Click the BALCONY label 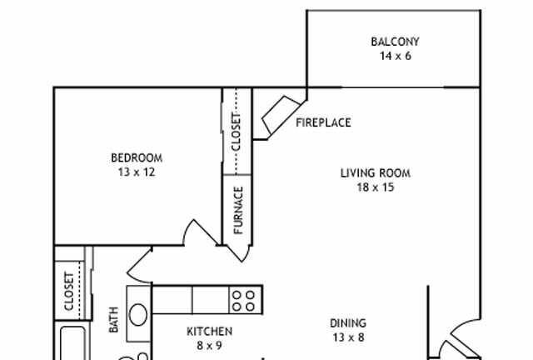point(395,42)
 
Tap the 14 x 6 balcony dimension point(396,56)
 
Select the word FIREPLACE point(323,122)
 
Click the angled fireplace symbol point(281,115)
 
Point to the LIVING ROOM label point(376,173)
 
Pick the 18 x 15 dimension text point(376,187)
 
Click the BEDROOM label point(137,157)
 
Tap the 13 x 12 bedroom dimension point(137,172)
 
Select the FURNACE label point(238,210)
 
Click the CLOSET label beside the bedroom point(236,132)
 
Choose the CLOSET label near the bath point(69,292)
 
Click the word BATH point(113,320)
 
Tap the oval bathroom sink point(138,315)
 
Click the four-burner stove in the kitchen point(246,300)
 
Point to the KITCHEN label point(209,332)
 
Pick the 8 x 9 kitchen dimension point(209,346)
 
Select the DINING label point(348,323)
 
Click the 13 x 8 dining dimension point(348,337)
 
